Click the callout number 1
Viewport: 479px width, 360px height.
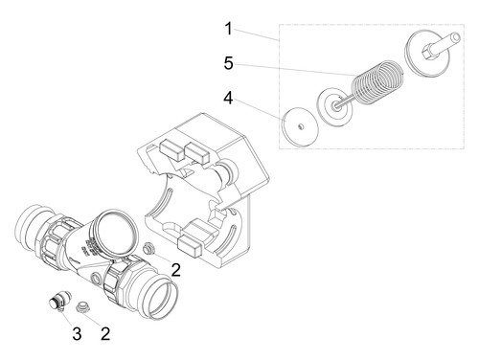click(228, 29)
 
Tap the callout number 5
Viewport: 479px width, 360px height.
click(229, 63)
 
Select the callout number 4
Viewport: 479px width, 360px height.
click(228, 98)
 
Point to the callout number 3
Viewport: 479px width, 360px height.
click(77, 334)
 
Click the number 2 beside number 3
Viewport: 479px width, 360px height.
click(105, 334)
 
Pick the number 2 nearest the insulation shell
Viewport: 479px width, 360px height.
click(176, 270)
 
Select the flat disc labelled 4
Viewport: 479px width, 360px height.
click(300, 126)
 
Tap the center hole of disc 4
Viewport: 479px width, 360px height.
click(300, 127)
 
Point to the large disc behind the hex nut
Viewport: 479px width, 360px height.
click(427, 54)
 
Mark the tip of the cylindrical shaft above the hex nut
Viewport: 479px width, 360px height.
click(457, 37)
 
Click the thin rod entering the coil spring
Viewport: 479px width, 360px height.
click(346, 101)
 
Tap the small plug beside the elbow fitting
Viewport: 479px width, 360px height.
click(83, 307)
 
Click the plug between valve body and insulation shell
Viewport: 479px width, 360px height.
click(148, 248)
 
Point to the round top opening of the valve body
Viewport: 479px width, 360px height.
click(115, 229)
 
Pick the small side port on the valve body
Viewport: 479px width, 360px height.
click(96, 279)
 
